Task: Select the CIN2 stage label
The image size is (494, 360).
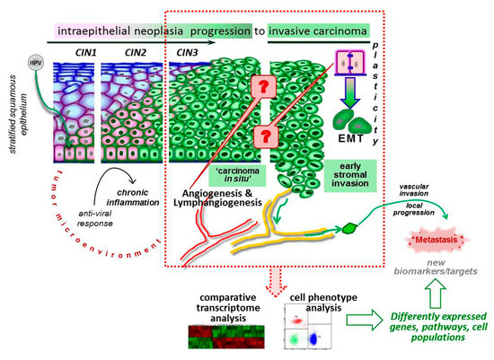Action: [125, 53]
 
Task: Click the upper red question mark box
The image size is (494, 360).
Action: [265, 87]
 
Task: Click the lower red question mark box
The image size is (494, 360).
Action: [265, 137]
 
